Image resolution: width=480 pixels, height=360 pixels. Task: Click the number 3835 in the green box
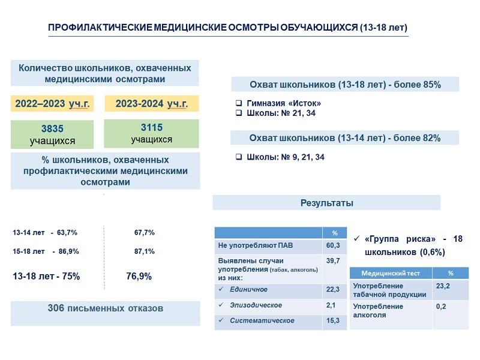(52, 128)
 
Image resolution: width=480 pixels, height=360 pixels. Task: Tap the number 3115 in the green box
(152, 127)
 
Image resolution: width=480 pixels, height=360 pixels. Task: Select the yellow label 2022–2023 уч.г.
(52, 104)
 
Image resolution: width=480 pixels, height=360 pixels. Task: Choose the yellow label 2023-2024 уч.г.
(152, 104)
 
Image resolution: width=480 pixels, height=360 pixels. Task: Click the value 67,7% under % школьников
(144, 233)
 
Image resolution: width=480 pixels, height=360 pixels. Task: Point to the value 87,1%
(144, 251)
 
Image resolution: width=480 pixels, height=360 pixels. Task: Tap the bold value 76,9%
(139, 277)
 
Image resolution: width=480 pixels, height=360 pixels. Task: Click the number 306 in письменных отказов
(55, 308)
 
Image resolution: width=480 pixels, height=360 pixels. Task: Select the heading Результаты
(326, 203)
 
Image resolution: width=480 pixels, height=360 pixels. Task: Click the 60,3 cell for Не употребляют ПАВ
(333, 245)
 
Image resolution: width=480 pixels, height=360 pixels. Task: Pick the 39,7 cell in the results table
(333, 261)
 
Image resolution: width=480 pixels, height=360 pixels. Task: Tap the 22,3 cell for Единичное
(333, 290)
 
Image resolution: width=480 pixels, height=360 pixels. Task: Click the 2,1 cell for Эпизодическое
(331, 305)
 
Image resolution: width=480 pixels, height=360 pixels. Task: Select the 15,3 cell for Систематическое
(333, 320)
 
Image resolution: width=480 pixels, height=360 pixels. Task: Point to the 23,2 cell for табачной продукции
(443, 286)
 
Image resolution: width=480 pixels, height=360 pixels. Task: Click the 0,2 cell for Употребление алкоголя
(441, 307)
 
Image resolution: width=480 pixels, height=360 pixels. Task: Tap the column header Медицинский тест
(391, 274)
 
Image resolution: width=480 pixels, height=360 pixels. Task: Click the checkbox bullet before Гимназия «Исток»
(239, 103)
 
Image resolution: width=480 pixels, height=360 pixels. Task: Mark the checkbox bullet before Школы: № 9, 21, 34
(239, 157)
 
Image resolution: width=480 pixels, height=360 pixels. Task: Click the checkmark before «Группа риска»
(356, 238)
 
